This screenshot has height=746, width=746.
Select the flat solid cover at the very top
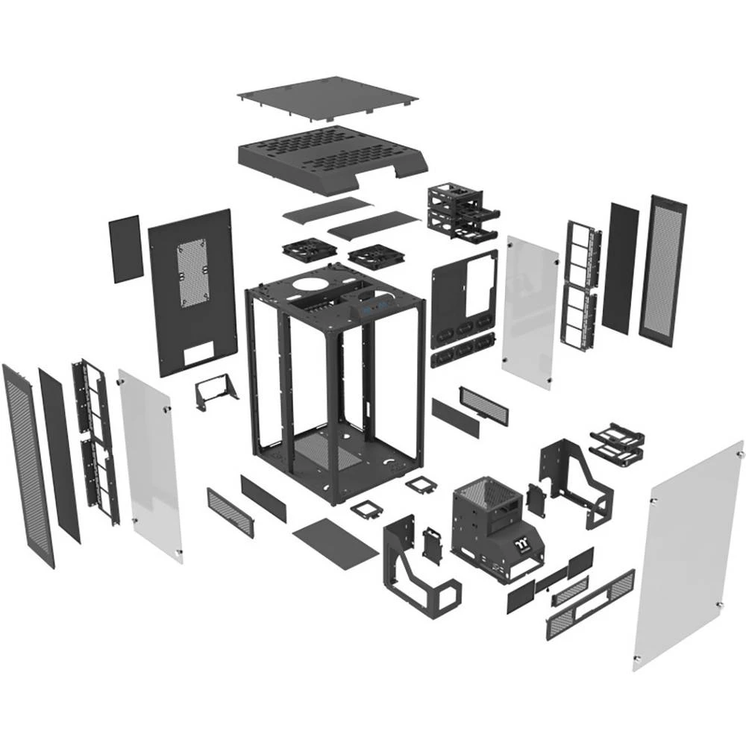(x=328, y=96)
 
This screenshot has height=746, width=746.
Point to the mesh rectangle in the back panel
(x=191, y=273)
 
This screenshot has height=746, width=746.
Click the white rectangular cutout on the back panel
(x=198, y=354)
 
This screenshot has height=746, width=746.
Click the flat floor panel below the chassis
(x=336, y=543)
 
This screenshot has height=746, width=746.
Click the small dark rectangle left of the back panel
(x=125, y=248)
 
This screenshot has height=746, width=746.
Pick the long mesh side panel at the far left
(x=28, y=463)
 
